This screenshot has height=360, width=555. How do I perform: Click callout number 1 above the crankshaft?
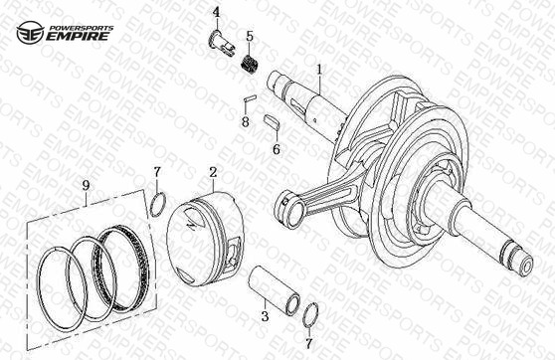coord(319,69)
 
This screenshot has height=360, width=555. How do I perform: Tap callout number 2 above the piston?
coord(213,173)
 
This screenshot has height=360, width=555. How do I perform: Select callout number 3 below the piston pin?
coord(266,316)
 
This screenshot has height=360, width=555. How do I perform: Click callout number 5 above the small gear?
coord(250,36)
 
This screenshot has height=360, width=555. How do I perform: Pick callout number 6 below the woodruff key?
coord(277,149)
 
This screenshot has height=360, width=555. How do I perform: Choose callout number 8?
coord(246,122)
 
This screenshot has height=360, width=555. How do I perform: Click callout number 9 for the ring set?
coord(86,185)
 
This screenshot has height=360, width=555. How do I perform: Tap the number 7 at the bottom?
coord(309,343)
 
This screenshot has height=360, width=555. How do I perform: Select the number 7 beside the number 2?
coord(157,172)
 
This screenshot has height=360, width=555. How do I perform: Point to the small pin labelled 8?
coord(251,98)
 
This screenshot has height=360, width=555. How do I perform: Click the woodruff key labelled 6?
coord(273,120)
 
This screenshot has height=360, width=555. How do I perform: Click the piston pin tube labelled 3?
coord(273,288)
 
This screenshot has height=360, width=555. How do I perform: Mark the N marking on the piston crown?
coord(192,223)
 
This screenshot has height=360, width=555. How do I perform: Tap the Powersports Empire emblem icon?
coord(31,33)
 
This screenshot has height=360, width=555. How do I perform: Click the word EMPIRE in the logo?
coord(78,36)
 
